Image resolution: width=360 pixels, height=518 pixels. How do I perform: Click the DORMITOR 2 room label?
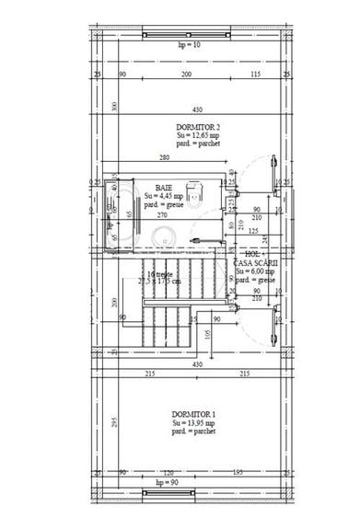(x=198, y=127)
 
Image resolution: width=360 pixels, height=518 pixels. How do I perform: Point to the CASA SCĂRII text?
(x=257, y=262)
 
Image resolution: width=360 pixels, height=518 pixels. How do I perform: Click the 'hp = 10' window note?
(x=188, y=43)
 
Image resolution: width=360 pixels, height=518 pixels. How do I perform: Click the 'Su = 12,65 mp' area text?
(x=198, y=136)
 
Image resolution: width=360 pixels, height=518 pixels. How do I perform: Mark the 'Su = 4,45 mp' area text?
(x=164, y=195)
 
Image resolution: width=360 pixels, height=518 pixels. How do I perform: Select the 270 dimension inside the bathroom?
(x=161, y=214)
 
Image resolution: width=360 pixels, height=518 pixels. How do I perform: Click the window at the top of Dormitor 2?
(x=188, y=34)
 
